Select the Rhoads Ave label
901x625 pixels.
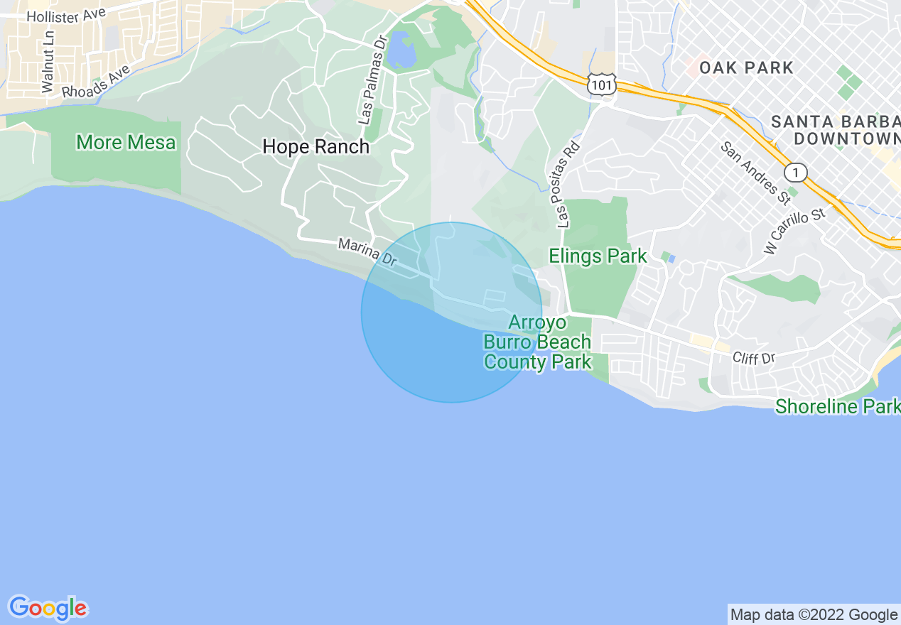[97, 82]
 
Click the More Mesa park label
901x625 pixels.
[126, 143]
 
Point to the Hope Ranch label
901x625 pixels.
[316, 147]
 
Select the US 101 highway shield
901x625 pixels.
[600, 84]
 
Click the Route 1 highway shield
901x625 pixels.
[796, 172]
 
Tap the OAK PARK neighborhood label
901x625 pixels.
[746, 68]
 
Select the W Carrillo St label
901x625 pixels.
[796, 231]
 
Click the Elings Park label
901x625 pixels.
[598, 256]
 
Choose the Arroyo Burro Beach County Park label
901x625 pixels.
[538, 342]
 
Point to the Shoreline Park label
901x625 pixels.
[837, 407]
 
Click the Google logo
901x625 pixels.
[48, 608]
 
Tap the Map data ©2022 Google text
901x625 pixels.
[814, 614]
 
